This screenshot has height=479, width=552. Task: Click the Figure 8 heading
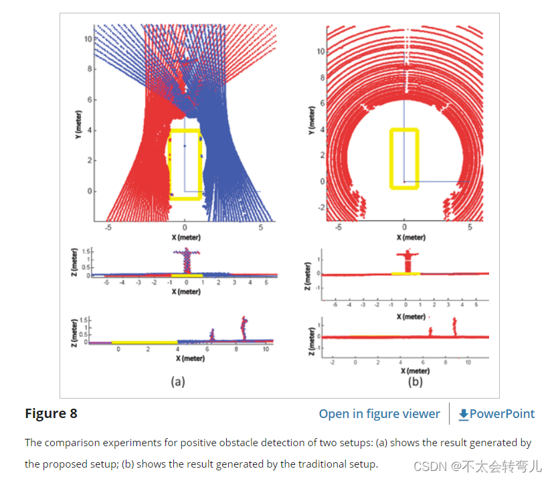click(51, 413)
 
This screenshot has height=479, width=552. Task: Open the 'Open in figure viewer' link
click(379, 414)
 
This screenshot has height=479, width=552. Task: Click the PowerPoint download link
click(496, 414)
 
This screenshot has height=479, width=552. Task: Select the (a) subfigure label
click(177, 381)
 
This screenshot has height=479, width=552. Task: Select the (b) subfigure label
click(416, 381)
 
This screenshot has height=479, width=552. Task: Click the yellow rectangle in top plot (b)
click(403, 158)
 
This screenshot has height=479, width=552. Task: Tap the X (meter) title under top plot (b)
click(411, 237)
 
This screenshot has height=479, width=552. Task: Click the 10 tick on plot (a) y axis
click(88, 39)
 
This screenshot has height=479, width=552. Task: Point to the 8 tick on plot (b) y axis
click(321, 77)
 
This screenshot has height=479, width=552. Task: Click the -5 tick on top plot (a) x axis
click(108, 228)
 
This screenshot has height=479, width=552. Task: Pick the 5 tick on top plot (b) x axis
click(470, 228)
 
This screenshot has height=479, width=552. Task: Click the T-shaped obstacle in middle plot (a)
click(187, 259)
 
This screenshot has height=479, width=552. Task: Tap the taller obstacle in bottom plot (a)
click(244, 328)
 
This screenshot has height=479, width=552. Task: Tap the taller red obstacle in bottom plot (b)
click(454, 326)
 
